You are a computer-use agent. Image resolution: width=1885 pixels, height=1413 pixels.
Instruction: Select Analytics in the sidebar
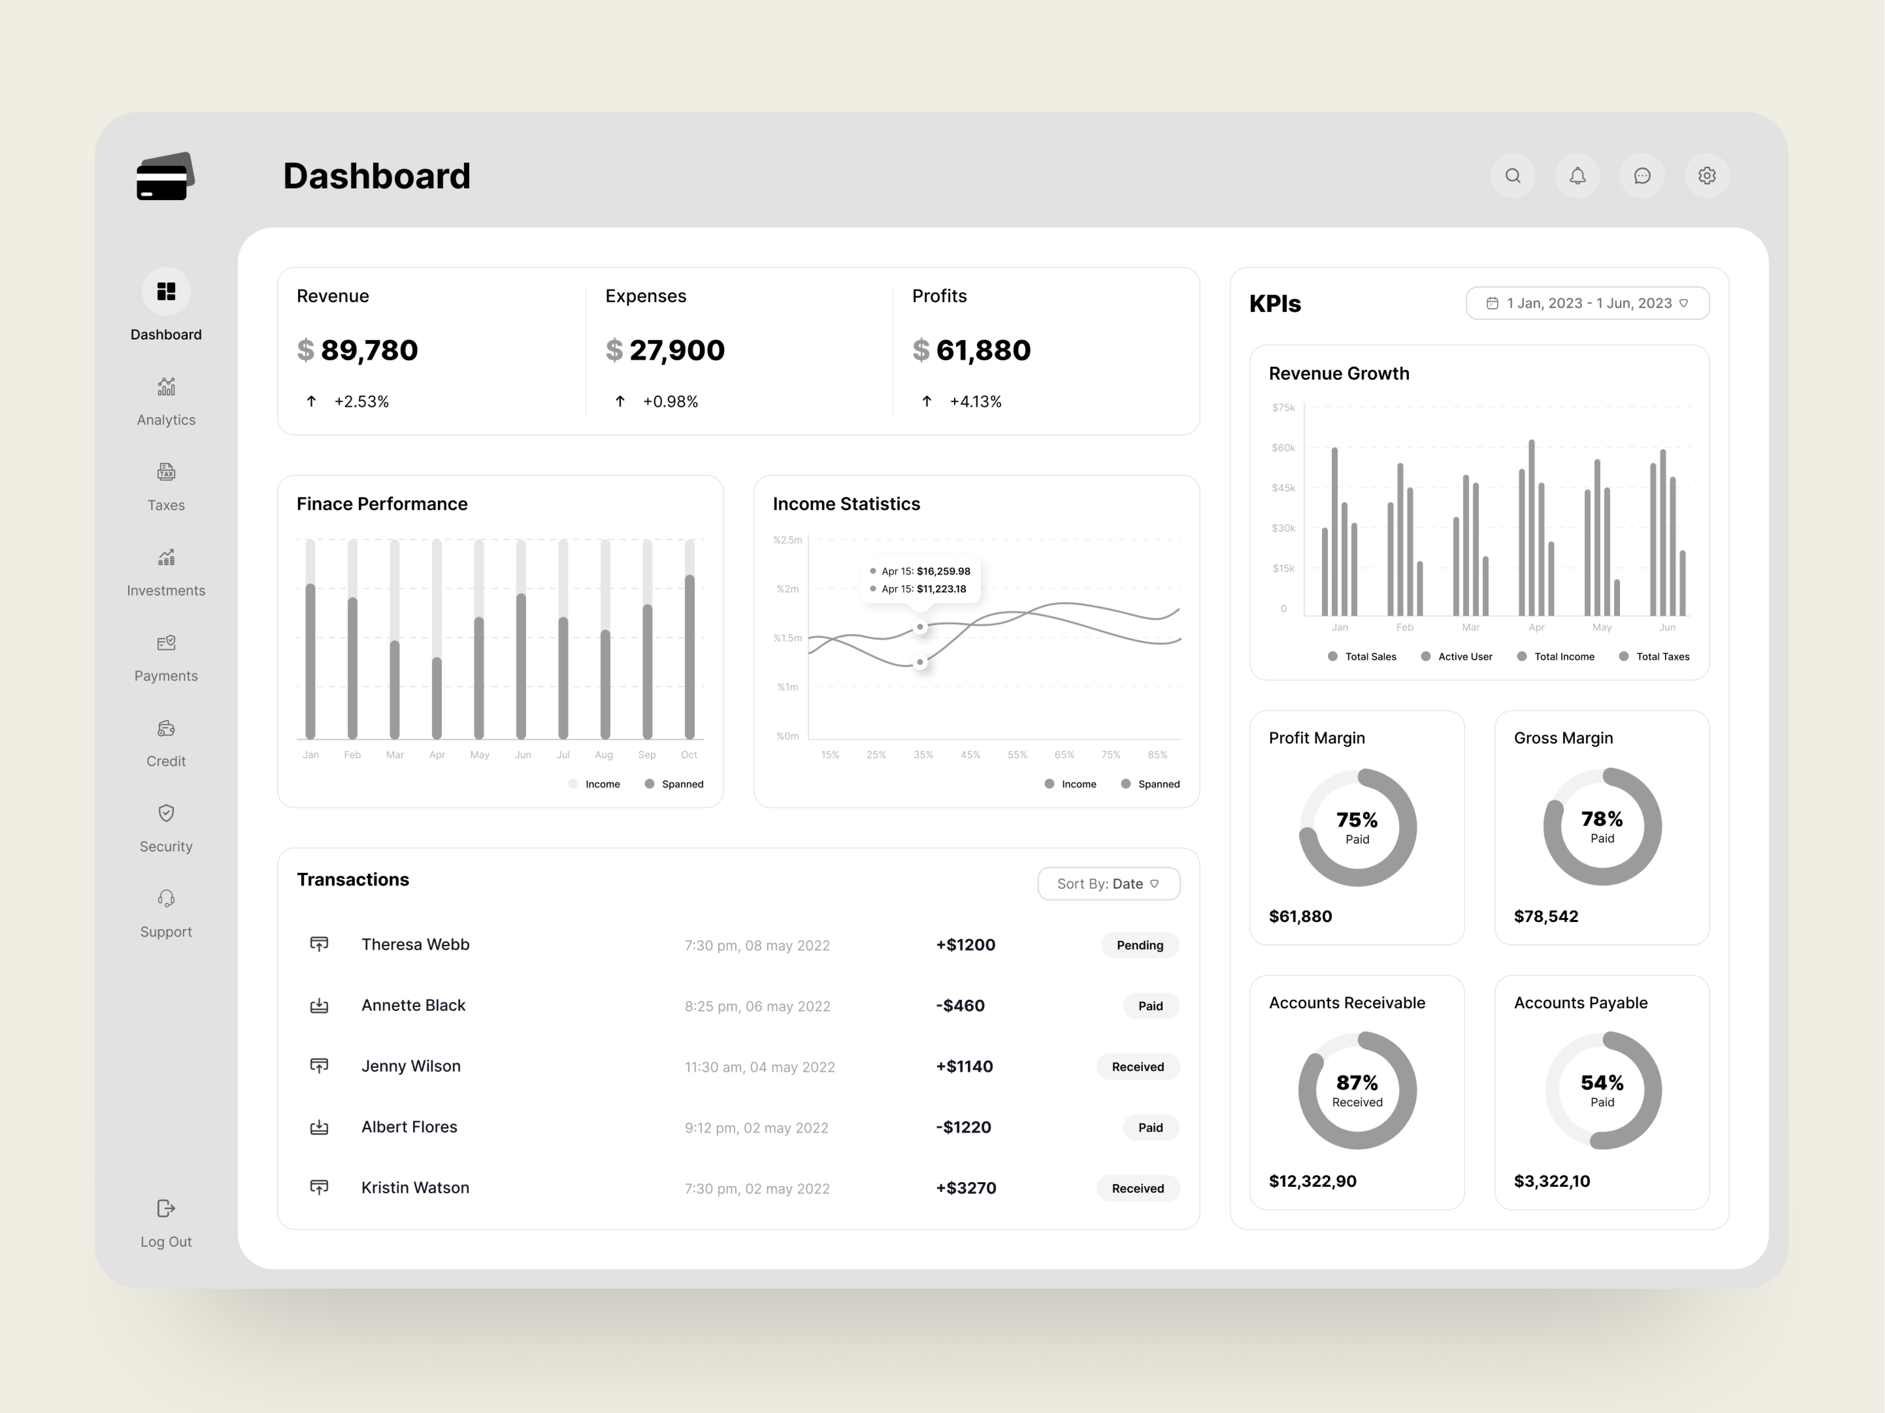tap(166, 402)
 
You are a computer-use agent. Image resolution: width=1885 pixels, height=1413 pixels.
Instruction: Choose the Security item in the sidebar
tap(166, 829)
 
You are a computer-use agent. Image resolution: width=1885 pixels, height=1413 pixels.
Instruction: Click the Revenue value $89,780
tap(358, 350)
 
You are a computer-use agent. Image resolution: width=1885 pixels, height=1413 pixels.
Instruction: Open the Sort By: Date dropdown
tap(1108, 883)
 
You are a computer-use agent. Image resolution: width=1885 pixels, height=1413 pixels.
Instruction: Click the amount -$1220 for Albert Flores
tap(963, 1127)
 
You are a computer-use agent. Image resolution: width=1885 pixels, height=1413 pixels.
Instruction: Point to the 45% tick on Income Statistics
tap(970, 755)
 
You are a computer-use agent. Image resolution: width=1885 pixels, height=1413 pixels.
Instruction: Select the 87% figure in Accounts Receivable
tap(1357, 1083)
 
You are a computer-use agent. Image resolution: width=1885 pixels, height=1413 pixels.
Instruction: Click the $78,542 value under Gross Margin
tap(1546, 916)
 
